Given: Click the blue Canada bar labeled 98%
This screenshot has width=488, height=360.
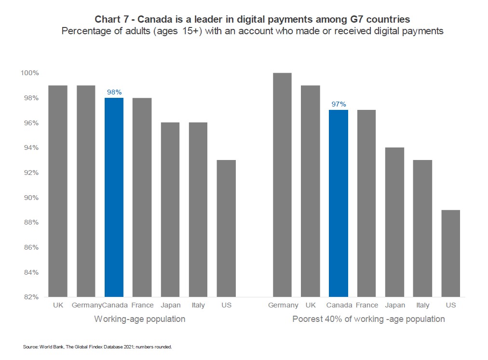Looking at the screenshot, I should (x=114, y=197).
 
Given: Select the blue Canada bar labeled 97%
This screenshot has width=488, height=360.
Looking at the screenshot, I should (x=338, y=203).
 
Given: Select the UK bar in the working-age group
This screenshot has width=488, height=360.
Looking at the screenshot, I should (x=58, y=191).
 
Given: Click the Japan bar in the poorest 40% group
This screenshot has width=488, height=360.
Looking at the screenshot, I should (x=394, y=222).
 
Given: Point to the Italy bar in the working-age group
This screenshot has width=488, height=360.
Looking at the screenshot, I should (x=198, y=210).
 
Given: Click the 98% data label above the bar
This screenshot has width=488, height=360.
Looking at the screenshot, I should (x=114, y=92).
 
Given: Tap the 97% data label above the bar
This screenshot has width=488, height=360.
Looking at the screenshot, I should (x=338, y=104).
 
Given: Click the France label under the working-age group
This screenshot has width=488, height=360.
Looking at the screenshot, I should (x=142, y=305).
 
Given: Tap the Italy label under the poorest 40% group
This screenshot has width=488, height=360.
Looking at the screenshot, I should (x=422, y=305).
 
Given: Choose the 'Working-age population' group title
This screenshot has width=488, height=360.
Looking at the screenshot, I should (x=139, y=319).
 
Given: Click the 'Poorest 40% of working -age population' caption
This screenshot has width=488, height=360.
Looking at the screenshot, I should (x=368, y=319).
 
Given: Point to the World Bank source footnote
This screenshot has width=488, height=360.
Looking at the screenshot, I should (x=97, y=347).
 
